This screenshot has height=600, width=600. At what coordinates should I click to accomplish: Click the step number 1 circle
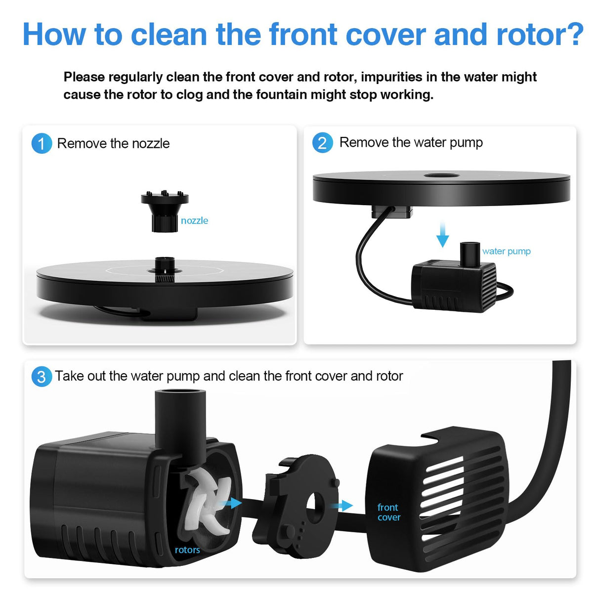tap(42, 143)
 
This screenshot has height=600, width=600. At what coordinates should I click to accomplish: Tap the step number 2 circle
tap(323, 143)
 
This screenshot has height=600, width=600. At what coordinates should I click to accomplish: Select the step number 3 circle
tap(42, 377)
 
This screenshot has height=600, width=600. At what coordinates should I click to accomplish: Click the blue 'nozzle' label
tap(194, 221)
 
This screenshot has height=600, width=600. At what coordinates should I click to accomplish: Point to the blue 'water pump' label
tap(506, 251)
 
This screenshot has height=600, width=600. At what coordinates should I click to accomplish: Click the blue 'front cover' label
tap(388, 512)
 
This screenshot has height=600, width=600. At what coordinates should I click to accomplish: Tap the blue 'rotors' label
tap(187, 550)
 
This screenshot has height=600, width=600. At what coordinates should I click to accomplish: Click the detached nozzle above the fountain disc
tap(165, 211)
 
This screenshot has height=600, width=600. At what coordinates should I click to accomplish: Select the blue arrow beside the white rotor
tap(231, 503)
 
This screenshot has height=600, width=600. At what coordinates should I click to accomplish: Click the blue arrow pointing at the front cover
tap(342, 505)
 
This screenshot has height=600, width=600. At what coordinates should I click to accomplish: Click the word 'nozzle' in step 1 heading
tap(151, 144)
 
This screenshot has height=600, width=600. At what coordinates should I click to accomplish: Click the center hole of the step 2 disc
tap(442, 175)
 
